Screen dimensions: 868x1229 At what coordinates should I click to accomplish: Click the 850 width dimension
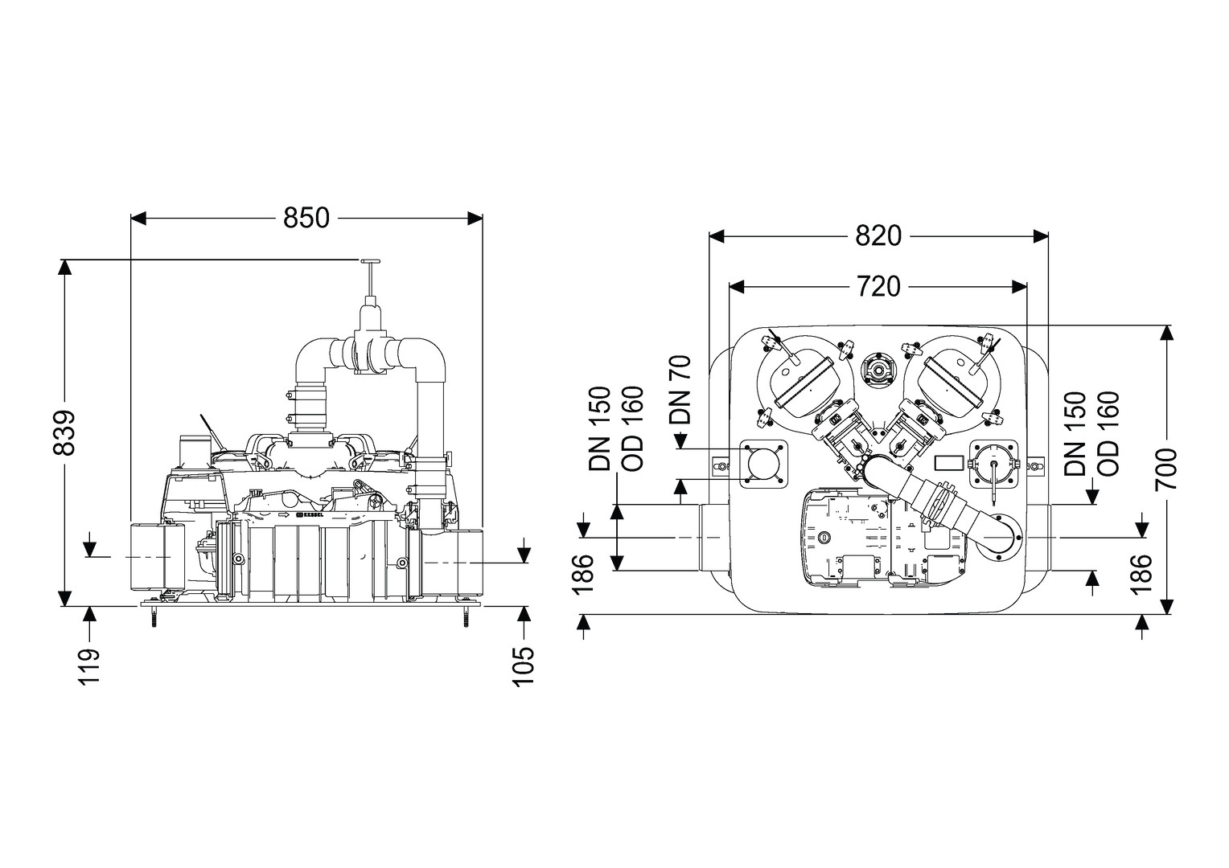click(306, 218)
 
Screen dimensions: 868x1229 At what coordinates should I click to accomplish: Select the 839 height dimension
click(64, 432)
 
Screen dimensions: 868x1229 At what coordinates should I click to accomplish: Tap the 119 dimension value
click(90, 664)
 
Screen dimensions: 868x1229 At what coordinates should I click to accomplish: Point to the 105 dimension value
click(524, 664)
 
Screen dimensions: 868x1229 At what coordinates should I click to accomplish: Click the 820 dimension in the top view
click(878, 235)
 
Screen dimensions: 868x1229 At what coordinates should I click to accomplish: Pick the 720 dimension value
click(878, 286)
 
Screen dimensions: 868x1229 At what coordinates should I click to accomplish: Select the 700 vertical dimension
click(1165, 469)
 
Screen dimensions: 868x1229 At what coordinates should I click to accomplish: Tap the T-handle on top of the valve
click(371, 262)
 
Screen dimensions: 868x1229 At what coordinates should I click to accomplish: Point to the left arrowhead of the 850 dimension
click(138, 218)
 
